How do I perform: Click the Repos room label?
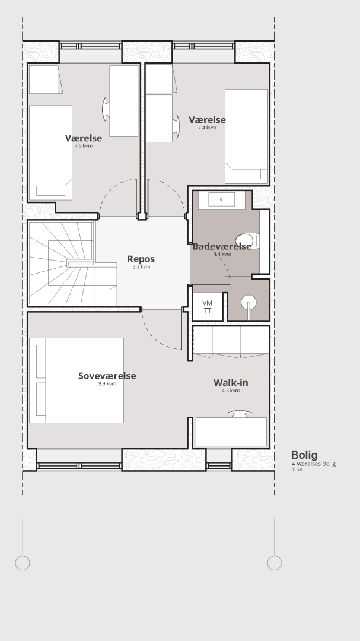point(141,259)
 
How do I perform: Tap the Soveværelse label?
point(107,376)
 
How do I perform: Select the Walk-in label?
point(231,383)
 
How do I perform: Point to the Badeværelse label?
point(222,246)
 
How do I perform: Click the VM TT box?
point(208,307)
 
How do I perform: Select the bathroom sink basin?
point(221,199)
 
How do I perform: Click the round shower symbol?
point(249,303)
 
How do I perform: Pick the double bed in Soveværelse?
point(77,380)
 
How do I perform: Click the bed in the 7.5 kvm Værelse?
point(50,153)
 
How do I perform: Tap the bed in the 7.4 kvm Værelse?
point(246,137)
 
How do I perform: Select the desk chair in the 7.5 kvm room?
point(106,109)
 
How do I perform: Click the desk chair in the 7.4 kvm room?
point(176,126)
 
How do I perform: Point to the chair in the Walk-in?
point(240,414)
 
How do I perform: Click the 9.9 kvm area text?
point(107,384)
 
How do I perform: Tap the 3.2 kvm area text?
point(141,267)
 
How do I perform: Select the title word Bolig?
point(304,455)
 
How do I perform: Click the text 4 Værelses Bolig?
point(313,464)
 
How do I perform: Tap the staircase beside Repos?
point(72,264)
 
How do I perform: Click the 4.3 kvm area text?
point(231,391)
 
